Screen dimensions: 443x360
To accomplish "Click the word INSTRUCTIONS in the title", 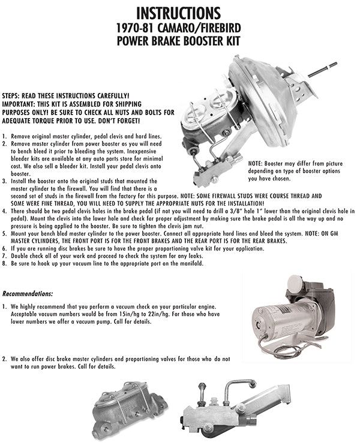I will coord(178,12).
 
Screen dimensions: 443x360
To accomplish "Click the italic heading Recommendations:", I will coord(28,294).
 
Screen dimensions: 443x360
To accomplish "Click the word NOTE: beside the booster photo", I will coord(257,162).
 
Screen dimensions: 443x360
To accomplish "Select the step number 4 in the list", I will coord(4,212).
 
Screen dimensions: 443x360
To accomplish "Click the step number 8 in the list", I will coord(4,263).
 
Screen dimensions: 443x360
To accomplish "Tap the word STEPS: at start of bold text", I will coord(13,96).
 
